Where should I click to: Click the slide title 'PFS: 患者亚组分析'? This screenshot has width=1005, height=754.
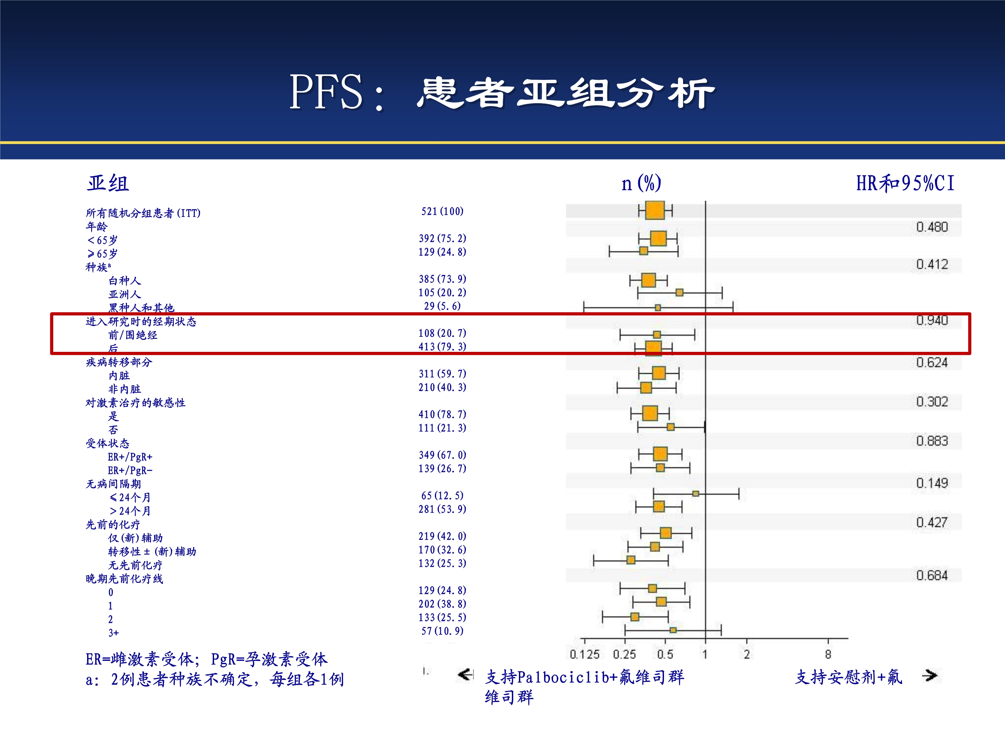[x=502, y=92]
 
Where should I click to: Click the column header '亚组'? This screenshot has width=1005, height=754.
[x=108, y=183]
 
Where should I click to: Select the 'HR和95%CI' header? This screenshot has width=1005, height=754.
[x=905, y=183]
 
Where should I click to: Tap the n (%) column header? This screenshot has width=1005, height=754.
[x=641, y=183]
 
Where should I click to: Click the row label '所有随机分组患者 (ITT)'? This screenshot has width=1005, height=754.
[x=143, y=213]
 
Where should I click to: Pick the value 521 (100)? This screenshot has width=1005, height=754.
[x=442, y=211]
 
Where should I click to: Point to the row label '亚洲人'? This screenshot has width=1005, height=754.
[x=125, y=294]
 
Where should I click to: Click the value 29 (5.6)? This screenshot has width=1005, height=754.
[x=442, y=306]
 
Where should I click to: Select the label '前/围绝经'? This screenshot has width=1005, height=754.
[x=133, y=335]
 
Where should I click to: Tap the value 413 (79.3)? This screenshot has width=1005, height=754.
[x=442, y=347]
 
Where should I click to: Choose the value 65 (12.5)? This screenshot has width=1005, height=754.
[x=442, y=495]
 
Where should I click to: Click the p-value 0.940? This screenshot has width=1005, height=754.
[x=932, y=320]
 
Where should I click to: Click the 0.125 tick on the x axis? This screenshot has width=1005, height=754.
[x=584, y=654]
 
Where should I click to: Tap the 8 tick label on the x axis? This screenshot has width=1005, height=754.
[x=828, y=654]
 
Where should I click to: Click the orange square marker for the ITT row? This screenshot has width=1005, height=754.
[x=655, y=210]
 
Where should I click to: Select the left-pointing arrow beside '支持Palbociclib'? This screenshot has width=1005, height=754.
[x=465, y=675]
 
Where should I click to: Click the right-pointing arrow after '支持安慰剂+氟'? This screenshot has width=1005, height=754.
[x=930, y=676]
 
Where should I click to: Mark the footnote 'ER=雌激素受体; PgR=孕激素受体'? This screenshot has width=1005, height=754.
[x=206, y=659]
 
